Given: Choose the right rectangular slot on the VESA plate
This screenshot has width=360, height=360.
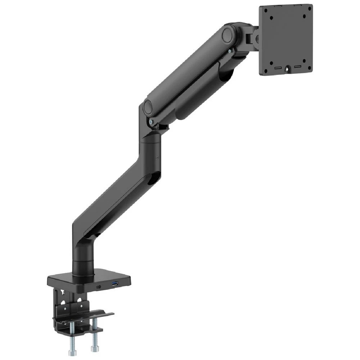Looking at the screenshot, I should tap(298, 67).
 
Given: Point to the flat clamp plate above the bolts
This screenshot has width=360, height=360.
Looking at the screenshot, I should tap(84, 315).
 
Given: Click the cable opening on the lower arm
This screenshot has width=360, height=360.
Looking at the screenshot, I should tap(154, 176).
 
